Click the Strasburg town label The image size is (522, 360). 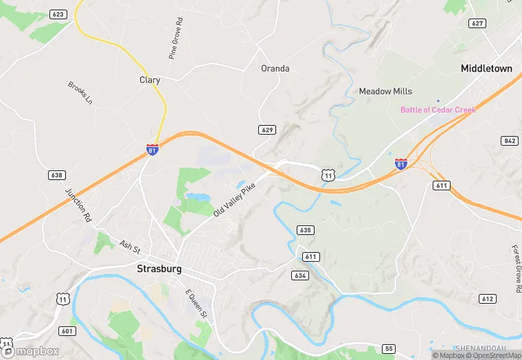point(159,269)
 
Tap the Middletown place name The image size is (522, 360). point(486,69)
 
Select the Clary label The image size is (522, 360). point(150,80)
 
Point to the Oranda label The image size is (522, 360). point(275,69)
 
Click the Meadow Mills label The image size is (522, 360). point(385,91)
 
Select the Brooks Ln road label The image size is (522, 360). point(80,93)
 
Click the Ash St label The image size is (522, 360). point(130,246)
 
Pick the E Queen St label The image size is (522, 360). point(196,303)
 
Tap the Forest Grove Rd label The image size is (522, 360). point(515,269)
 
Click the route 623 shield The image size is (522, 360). point(58,14)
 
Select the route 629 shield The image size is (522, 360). point(268,130)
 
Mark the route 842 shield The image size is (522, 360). point(509,141)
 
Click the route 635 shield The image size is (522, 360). point(306,230)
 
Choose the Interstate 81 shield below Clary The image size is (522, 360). point(152,148)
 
